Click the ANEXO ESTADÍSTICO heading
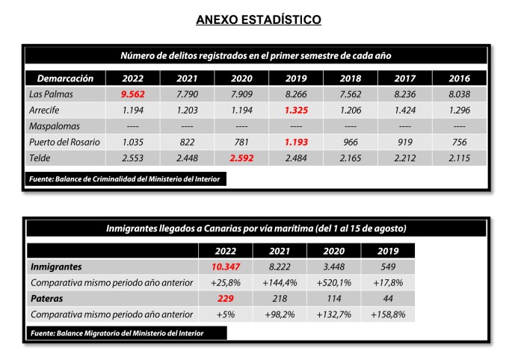tap(258, 20)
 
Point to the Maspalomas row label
tap(55, 125)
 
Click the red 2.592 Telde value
tap(242, 158)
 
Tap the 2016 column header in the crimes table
tap(460, 78)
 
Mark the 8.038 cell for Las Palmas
tap(460, 94)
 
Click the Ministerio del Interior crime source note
tap(126, 179)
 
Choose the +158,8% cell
tap(387, 314)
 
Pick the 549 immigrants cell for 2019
tap(387, 266)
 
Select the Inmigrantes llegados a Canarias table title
tap(256, 228)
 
